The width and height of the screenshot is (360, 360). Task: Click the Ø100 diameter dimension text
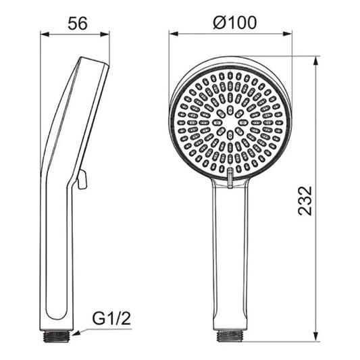click(x=234, y=22)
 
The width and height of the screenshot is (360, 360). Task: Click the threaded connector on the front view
click(x=229, y=334)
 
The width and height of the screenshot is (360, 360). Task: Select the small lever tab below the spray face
click(x=230, y=177)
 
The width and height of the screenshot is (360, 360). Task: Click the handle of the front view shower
click(x=229, y=257)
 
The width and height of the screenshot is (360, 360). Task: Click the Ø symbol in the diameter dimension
click(x=218, y=22)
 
